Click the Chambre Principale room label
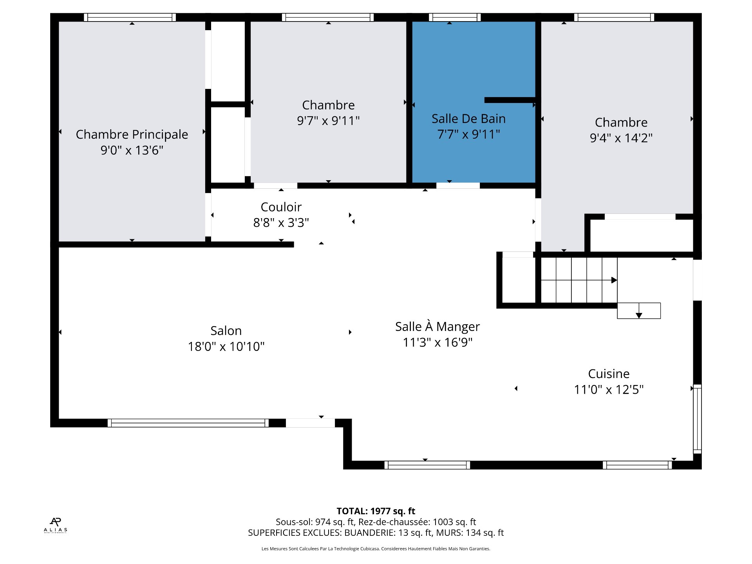coord(132,134)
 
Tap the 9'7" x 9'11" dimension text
coord(328,121)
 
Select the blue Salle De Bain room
coord(474,102)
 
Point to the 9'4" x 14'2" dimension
coord(621,138)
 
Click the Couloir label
coord(281,207)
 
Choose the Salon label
coord(226,331)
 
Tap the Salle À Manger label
coord(437,326)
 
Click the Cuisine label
coord(609,374)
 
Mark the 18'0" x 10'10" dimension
coord(226,347)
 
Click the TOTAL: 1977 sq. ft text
coord(376,511)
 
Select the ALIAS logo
coord(56,525)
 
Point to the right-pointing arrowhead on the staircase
coord(614,280)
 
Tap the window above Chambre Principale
coord(130,17)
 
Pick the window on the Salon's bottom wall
coord(188,423)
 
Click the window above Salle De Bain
coord(455,17)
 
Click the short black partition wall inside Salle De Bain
coord(510,100)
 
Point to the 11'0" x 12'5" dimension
coord(609,390)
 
